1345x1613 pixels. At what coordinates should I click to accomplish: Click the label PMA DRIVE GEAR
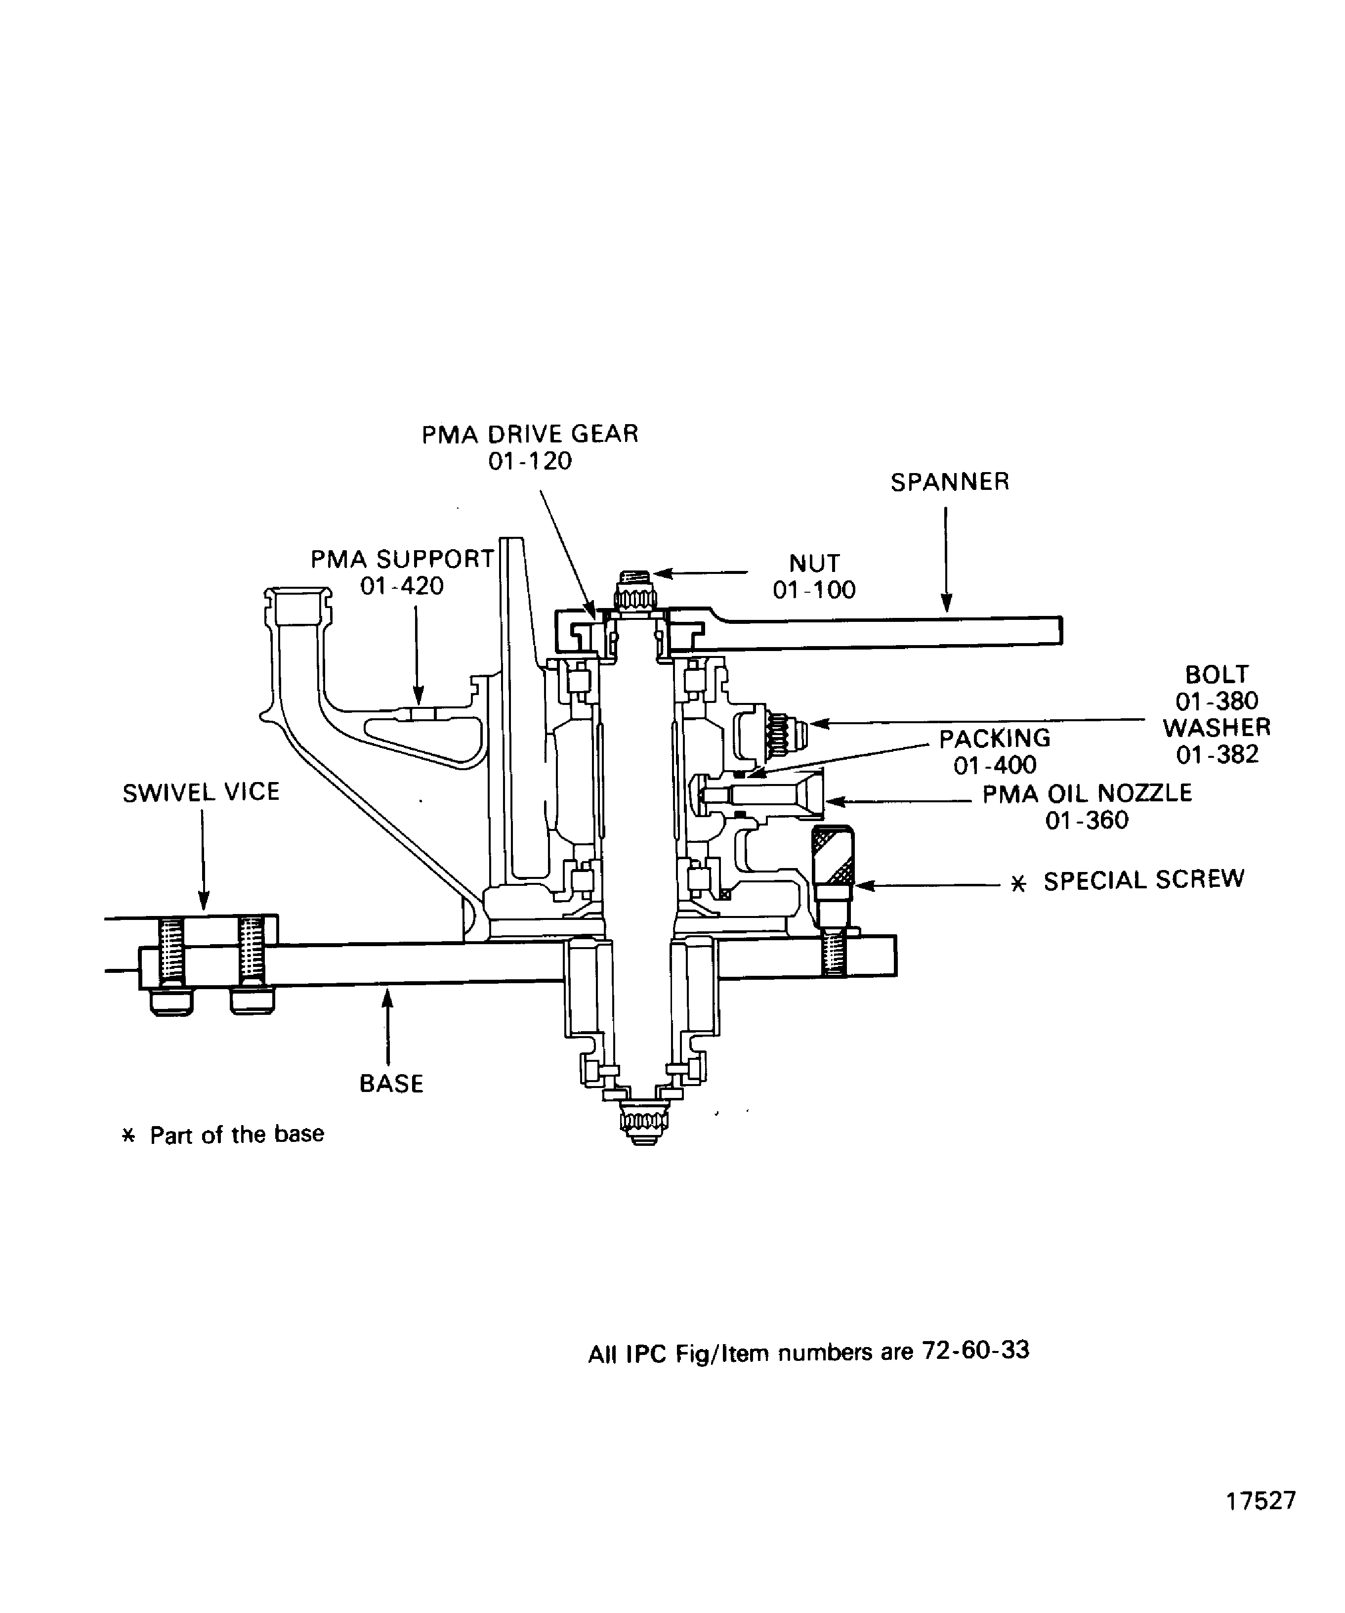[x=530, y=435]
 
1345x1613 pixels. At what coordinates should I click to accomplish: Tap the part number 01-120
[x=530, y=462]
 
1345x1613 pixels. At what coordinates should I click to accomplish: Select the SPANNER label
[x=950, y=482]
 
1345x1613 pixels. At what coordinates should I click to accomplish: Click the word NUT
[x=814, y=563]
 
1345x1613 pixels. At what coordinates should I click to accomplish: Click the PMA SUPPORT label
[x=402, y=559]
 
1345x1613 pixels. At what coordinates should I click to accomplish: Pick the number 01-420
[x=402, y=586]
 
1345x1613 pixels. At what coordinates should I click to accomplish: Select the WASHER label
[x=1217, y=727]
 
